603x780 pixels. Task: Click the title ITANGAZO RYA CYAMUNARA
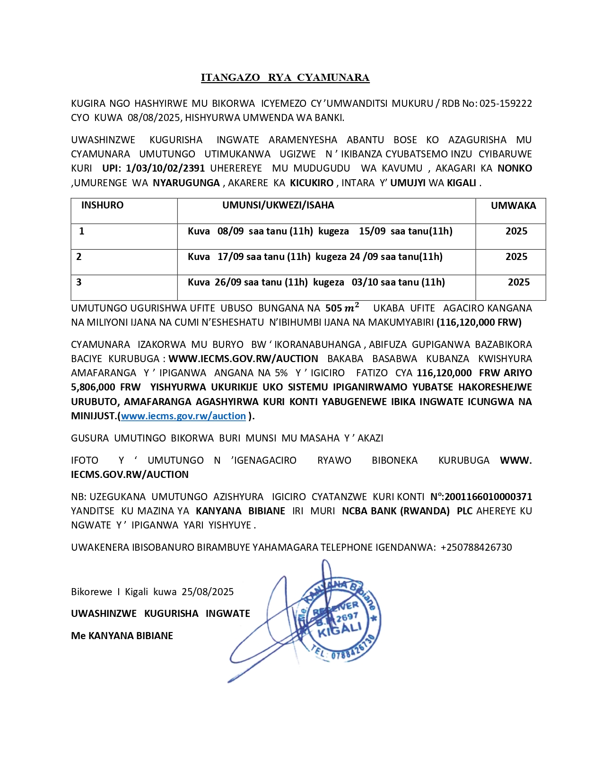(x=285, y=78)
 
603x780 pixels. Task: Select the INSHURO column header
(x=102, y=205)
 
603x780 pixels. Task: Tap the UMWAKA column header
(x=513, y=206)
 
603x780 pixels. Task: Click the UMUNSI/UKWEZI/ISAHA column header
(x=278, y=205)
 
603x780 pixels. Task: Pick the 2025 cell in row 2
(x=516, y=257)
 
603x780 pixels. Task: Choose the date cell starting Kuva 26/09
(x=316, y=282)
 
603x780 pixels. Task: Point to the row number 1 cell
(x=82, y=231)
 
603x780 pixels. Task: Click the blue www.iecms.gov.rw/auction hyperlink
(x=184, y=416)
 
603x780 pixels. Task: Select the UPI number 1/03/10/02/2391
(x=165, y=168)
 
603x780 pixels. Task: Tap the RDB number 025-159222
(x=506, y=104)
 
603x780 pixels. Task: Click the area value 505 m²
(x=342, y=308)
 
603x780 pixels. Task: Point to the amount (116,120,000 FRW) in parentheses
(x=479, y=322)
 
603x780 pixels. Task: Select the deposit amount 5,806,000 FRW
(x=106, y=387)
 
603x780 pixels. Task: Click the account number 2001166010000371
(x=488, y=497)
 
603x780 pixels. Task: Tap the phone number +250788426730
(x=476, y=547)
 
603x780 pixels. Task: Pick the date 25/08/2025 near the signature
(x=208, y=592)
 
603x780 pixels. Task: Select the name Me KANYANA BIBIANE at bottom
(x=122, y=636)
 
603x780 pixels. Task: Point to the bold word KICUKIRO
(x=312, y=183)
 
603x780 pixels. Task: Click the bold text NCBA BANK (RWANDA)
(x=395, y=511)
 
